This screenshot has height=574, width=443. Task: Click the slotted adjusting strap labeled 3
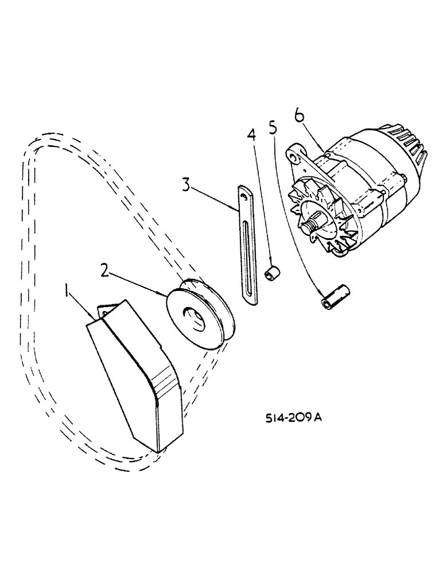click(x=248, y=247)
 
